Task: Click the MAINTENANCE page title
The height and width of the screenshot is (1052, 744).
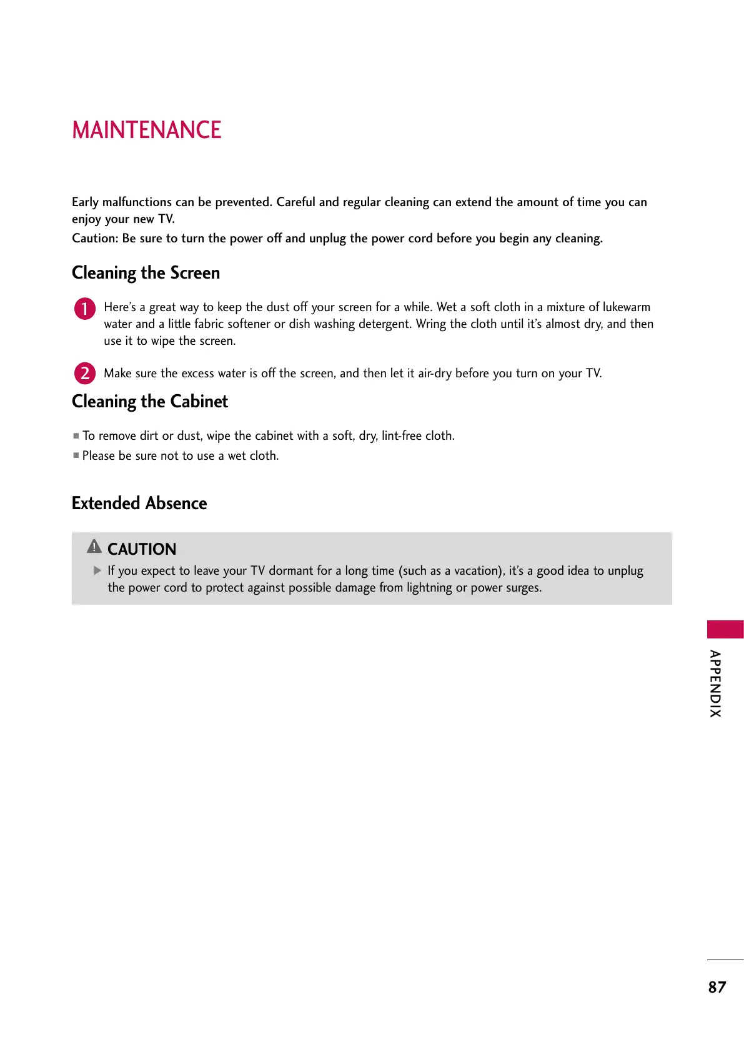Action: (x=147, y=130)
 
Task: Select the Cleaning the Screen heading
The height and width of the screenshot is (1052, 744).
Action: (x=146, y=273)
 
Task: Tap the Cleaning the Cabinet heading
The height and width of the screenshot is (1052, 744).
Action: (x=150, y=402)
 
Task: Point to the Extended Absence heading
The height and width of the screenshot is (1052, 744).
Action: (x=139, y=504)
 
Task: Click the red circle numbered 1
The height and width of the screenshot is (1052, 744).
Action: (x=85, y=309)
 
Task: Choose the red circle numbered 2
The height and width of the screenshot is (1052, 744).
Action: (x=85, y=374)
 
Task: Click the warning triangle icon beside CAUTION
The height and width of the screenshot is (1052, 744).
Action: (x=94, y=547)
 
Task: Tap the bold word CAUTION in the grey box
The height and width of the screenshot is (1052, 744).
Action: (x=142, y=549)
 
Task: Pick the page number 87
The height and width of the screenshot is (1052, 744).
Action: (x=717, y=987)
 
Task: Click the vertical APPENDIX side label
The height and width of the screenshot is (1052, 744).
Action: (x=716, y=683)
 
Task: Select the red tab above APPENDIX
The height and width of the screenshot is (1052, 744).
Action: (x=725, y=629)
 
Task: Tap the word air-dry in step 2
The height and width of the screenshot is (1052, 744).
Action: (x=435, y=374)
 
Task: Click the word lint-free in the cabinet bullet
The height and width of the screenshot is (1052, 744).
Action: (x=402, y=435)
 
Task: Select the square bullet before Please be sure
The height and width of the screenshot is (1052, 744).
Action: (x=76, y=455)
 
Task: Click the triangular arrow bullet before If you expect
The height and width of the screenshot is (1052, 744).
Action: (x=97, y=570)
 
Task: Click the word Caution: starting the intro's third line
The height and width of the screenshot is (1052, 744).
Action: (x=95, y=238)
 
